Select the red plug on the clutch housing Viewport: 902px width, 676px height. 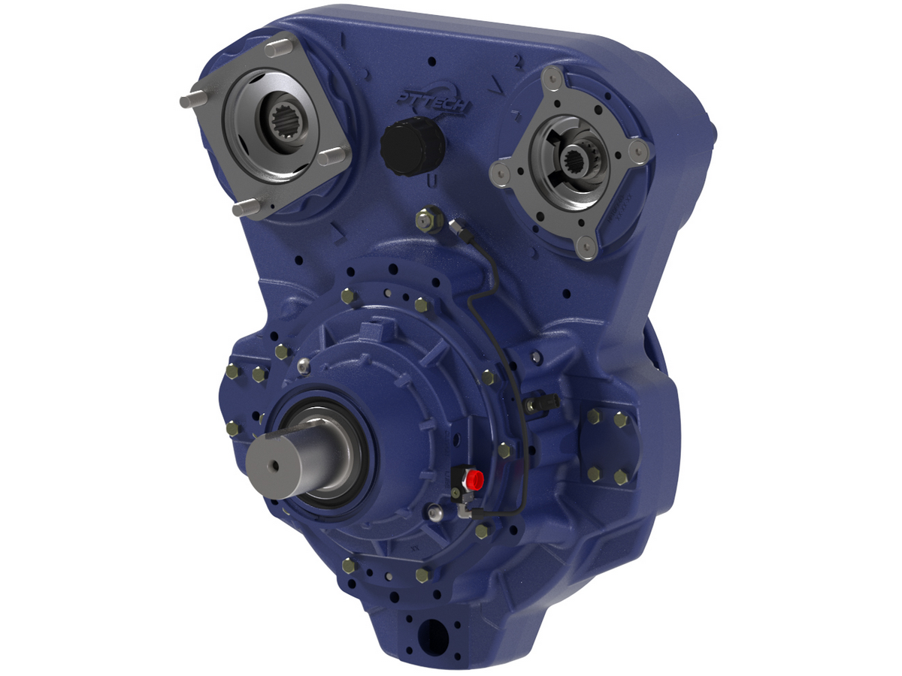(474, 478)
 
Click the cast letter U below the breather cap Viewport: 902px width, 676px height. (429, 182)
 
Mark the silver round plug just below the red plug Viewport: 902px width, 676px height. (434, 514)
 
